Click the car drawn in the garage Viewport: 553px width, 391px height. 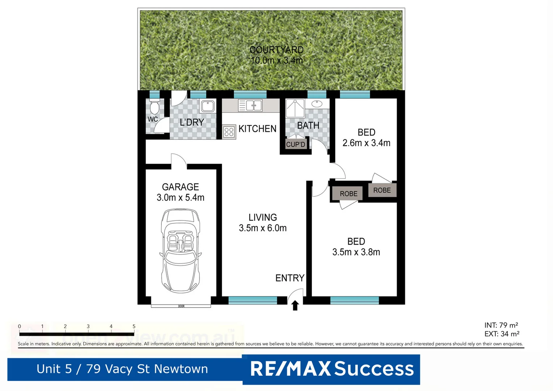(180, 251)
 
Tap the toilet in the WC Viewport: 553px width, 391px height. (154, 107)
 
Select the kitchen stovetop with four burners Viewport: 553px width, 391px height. (229, 132)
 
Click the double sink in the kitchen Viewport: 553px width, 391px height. (250, 105)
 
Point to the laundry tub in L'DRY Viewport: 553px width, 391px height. (208, 106)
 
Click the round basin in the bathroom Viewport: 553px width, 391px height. (317, 104)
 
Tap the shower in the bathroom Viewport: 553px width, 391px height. (295, 108)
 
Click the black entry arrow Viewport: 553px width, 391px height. (295, 306)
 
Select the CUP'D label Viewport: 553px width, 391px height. (296, 144)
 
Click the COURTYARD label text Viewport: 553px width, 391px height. (276, 50)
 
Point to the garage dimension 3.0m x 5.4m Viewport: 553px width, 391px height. (180, 198)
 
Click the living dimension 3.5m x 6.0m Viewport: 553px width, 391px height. (262, 228)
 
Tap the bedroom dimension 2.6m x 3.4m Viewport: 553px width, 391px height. (366, 143)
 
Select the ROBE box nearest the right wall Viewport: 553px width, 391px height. (382, 190)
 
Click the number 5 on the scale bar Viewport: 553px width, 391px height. (134, 327)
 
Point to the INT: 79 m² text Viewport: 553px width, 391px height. (501, 325)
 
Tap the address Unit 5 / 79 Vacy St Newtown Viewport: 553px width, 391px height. (122, 369)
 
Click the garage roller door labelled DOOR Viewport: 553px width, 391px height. (181, 306)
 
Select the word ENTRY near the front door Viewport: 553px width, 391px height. (290, 278)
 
